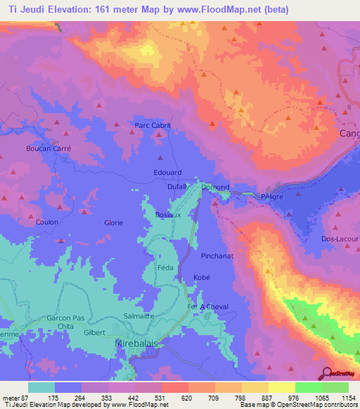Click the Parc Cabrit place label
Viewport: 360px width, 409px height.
pos(153,126)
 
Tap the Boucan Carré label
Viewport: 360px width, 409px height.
pos(49,149)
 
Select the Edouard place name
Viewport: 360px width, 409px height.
pos(167,172)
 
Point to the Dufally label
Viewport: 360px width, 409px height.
pos(179,187)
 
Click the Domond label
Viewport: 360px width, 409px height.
pos(215,188)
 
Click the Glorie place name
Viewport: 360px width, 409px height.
pos(114,223)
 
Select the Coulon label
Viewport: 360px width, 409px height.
pos(46,223)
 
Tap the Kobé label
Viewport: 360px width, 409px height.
pos(202,278)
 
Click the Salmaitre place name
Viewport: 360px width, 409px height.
pos(139,316)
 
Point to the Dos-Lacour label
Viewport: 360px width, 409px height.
pos(340,239)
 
